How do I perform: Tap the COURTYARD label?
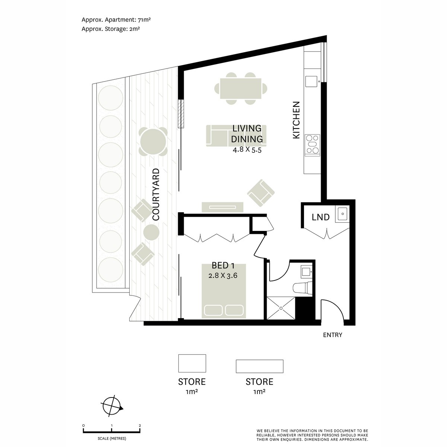click(156, 194)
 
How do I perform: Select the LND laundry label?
click(321, 217)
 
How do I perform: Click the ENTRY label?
click(332, 335)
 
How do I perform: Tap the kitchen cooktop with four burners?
click(312, 145)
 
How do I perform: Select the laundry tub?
click(343, 214)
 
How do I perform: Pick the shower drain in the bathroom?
click(282, 308)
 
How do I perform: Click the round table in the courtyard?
click(153, 142)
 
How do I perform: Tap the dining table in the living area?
click(241, 88)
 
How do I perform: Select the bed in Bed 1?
click(224, 291)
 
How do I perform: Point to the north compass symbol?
click(112, 405)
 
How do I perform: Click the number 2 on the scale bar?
click(139, 425)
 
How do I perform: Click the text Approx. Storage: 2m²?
click(111, 28)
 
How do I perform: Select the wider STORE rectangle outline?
click(259, 366)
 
